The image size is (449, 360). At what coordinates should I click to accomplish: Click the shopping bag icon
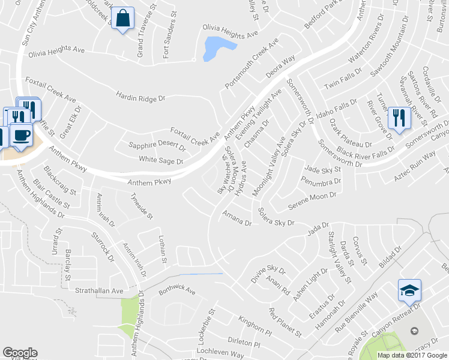122,19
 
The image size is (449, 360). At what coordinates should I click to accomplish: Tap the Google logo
20,353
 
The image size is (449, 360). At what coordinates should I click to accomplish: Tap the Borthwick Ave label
177,291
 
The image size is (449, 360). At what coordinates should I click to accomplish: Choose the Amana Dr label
237,218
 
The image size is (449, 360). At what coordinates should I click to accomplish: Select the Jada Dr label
318,228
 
